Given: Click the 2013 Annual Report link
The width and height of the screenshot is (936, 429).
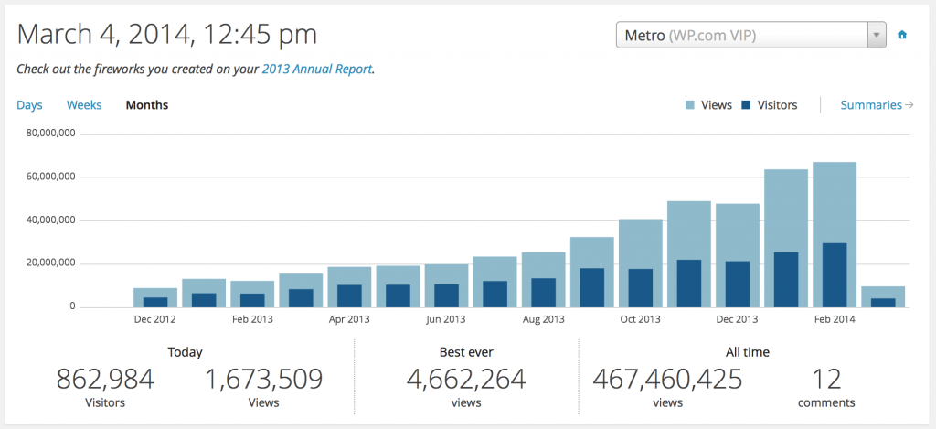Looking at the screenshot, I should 317,69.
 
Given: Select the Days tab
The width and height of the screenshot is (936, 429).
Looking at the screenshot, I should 29,105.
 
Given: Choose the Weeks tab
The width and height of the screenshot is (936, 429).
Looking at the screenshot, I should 84,105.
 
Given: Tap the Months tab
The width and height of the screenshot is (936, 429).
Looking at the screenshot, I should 147,105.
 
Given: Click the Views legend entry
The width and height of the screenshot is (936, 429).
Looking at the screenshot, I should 708,105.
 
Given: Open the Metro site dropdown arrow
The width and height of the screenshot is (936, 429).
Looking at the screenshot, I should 877,35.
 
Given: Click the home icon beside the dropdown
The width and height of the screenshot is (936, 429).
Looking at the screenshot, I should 902,35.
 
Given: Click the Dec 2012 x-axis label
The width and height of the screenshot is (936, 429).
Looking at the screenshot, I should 155,319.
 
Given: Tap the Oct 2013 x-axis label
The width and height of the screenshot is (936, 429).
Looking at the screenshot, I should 640,319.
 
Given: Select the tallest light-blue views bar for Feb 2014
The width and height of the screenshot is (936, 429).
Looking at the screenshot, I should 835,201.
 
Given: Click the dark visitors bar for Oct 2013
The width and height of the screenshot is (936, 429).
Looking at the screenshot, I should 640,287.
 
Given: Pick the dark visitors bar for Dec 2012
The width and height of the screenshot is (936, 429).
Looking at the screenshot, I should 155,302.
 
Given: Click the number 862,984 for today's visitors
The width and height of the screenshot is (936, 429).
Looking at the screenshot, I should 105,379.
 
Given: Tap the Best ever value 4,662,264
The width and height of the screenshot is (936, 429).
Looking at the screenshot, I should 467,379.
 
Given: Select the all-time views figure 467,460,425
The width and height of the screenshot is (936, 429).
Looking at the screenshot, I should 667,379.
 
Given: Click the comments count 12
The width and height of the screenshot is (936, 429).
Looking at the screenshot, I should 825,379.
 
